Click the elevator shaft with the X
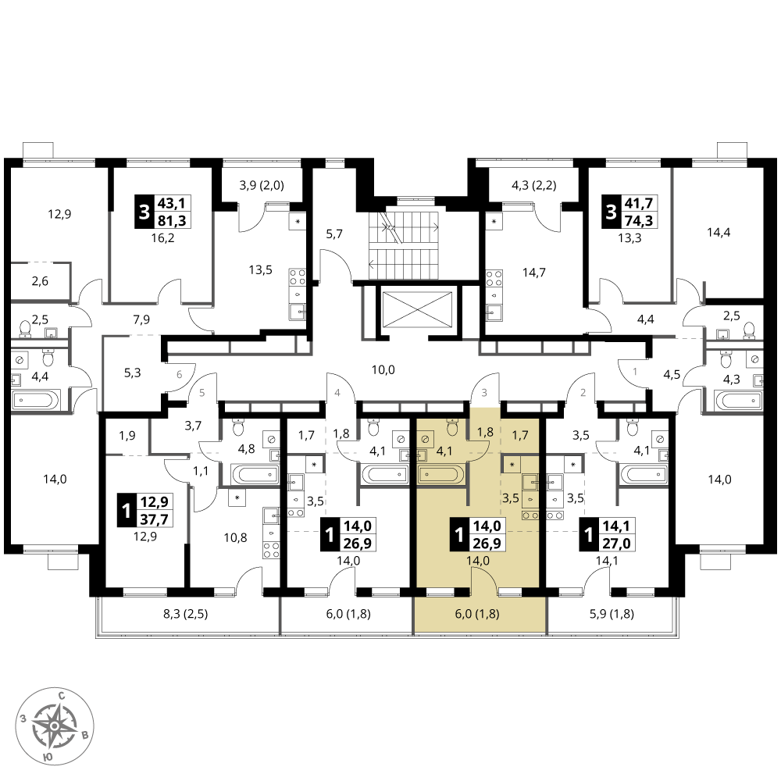[417, 309]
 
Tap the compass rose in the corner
[55, 726]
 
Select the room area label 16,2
[163, 238]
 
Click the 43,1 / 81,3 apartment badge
[163, 212]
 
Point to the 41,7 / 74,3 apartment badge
[630, 212]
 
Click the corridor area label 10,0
[383, 369]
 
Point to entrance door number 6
[180, 375]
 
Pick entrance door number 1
[634, 371]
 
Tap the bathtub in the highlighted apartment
[441, 474]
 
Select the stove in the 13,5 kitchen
[298, 276]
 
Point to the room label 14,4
[719, 232]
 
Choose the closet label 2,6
[40, 281]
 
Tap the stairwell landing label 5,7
[334, 234]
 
